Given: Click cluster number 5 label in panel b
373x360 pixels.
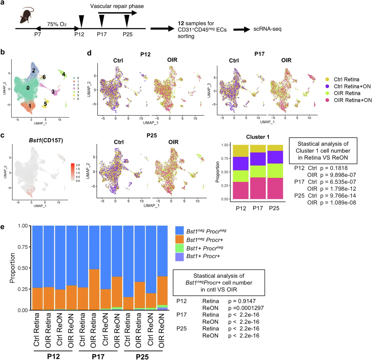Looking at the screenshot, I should click(x=45, y=103).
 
